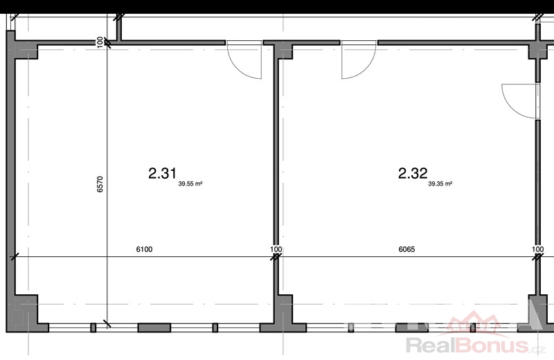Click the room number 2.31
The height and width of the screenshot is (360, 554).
click(x=162, y=174)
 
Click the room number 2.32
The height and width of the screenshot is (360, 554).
click(x=413, y=174)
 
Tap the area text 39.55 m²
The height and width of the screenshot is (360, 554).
click(x=190, y=183)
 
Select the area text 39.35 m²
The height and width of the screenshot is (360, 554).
click(x=440, y=183)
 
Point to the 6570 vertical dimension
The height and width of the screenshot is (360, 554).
click(x=100, y=184)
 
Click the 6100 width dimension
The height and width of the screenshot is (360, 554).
click(x=144, y=249)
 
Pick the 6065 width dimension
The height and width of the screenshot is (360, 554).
click(x=406, y=249)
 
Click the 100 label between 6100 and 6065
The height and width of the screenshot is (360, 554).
click(x=276, y=249)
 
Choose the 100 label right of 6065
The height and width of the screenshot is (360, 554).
click(x=538, y=249)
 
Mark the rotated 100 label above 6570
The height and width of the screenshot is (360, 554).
click(x=100, y=42)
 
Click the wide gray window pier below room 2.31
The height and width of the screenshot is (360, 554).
click(x=154, y=328)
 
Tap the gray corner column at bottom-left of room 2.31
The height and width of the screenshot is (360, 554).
click(x=25, y=313)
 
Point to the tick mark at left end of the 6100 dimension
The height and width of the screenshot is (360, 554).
click(x=15, y=257)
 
